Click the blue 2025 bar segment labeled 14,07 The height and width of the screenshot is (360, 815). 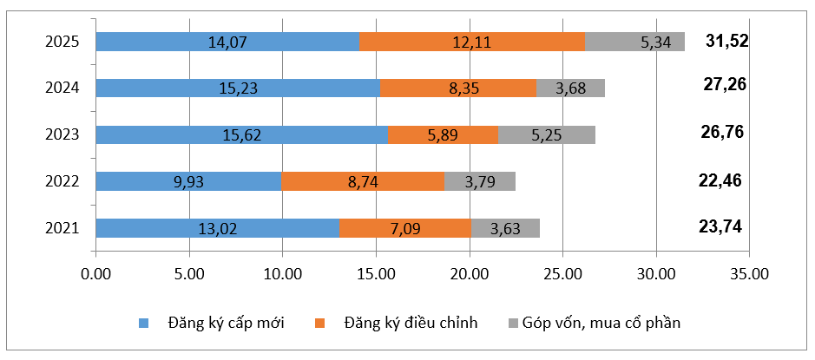227,42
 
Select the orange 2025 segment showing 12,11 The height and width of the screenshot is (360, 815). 471,42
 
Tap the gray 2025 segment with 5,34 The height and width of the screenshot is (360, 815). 634,42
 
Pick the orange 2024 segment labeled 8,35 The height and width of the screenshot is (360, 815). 457,88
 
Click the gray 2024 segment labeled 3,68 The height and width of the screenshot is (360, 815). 570,88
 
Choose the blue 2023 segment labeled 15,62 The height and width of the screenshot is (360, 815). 241,134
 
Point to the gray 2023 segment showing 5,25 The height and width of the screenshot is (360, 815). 546,134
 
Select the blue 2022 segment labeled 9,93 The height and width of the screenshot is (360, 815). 188,181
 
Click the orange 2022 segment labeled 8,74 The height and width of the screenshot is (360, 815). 362,181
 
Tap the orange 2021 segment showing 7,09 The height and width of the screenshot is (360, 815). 405,228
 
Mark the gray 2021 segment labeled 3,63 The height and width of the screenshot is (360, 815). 505,228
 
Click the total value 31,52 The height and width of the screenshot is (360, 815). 726,41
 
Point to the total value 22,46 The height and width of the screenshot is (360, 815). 720,180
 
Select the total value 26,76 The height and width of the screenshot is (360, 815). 722,133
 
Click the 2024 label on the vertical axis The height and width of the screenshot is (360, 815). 62,88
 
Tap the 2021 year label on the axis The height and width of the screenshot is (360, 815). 62,228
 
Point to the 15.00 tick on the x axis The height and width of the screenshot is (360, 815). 375,273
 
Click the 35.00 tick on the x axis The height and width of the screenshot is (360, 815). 749,273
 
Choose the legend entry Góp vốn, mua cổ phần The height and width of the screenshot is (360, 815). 595,323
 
